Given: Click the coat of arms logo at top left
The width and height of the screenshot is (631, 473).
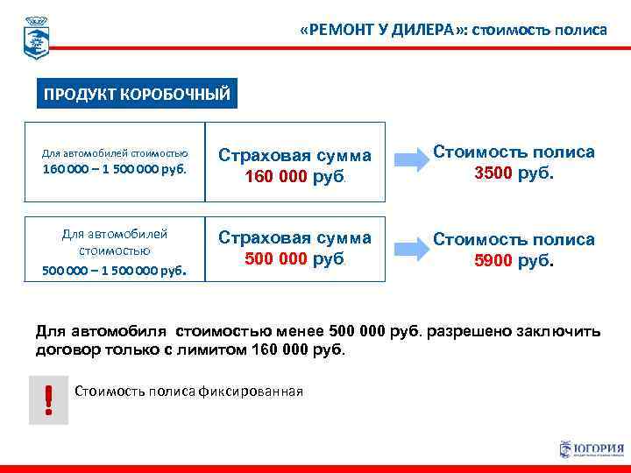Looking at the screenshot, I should (36, 37).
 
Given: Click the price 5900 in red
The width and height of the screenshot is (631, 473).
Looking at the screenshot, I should (493, 260).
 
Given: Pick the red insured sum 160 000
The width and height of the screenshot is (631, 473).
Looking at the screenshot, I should (274, 177).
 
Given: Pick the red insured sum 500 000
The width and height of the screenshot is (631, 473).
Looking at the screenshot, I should (274, 259).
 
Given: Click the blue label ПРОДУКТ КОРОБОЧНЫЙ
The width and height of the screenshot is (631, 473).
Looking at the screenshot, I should (138, 95).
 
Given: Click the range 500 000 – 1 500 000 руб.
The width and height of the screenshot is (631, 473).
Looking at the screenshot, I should (115, 270).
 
